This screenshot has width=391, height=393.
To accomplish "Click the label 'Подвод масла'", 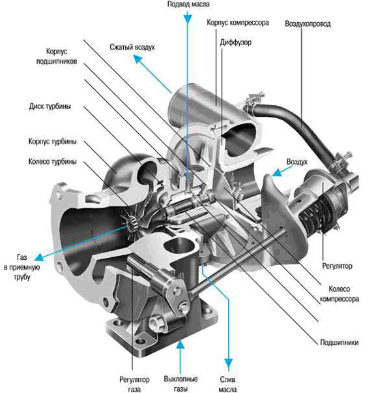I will click(188, 5).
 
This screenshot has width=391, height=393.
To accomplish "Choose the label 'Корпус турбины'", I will click(52, 140).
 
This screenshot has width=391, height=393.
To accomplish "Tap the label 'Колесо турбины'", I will click(52, 161).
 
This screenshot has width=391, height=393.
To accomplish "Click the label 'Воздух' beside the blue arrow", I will click(297, 161).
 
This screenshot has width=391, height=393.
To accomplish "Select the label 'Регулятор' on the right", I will click(337, 266).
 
